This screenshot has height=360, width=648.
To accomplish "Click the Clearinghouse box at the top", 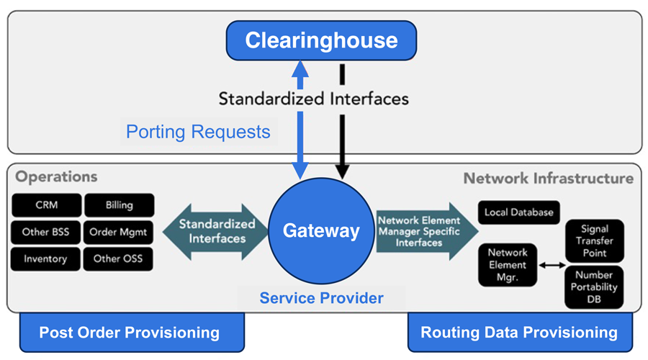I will click(321, 40).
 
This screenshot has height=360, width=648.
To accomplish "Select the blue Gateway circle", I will click(321, 230).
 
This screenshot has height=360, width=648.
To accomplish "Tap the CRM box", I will click(46, 205).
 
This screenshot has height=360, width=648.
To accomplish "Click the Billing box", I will click(119, 205).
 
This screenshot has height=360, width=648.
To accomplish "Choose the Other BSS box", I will click(46, 232).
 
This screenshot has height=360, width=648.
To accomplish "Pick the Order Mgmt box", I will click(119, 232).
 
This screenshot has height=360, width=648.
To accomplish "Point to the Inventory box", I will click(46, 258).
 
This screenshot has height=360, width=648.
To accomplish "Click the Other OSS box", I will click(119, 258).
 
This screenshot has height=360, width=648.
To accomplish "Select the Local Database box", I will click(518, 212).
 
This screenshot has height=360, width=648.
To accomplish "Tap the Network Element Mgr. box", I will click(508, 265).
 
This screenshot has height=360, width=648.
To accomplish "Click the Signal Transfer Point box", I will click(594, 240).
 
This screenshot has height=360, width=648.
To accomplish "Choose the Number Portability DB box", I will click(594, 287).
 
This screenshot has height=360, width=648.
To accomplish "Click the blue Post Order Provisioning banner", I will click(130, 332).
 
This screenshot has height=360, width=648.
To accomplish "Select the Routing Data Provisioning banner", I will click(519, 332).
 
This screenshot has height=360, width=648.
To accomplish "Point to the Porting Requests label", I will click(198, 132).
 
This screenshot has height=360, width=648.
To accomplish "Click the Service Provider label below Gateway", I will click(321, 297).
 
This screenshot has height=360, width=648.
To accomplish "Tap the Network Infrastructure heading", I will click(548, 178).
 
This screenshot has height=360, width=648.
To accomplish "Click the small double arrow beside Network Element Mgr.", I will click(552, 266).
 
